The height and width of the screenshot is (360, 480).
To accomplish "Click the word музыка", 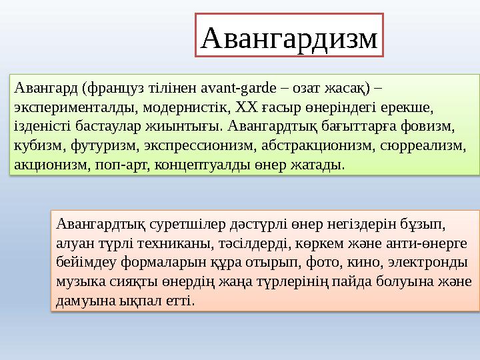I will (x=79, y=281).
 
